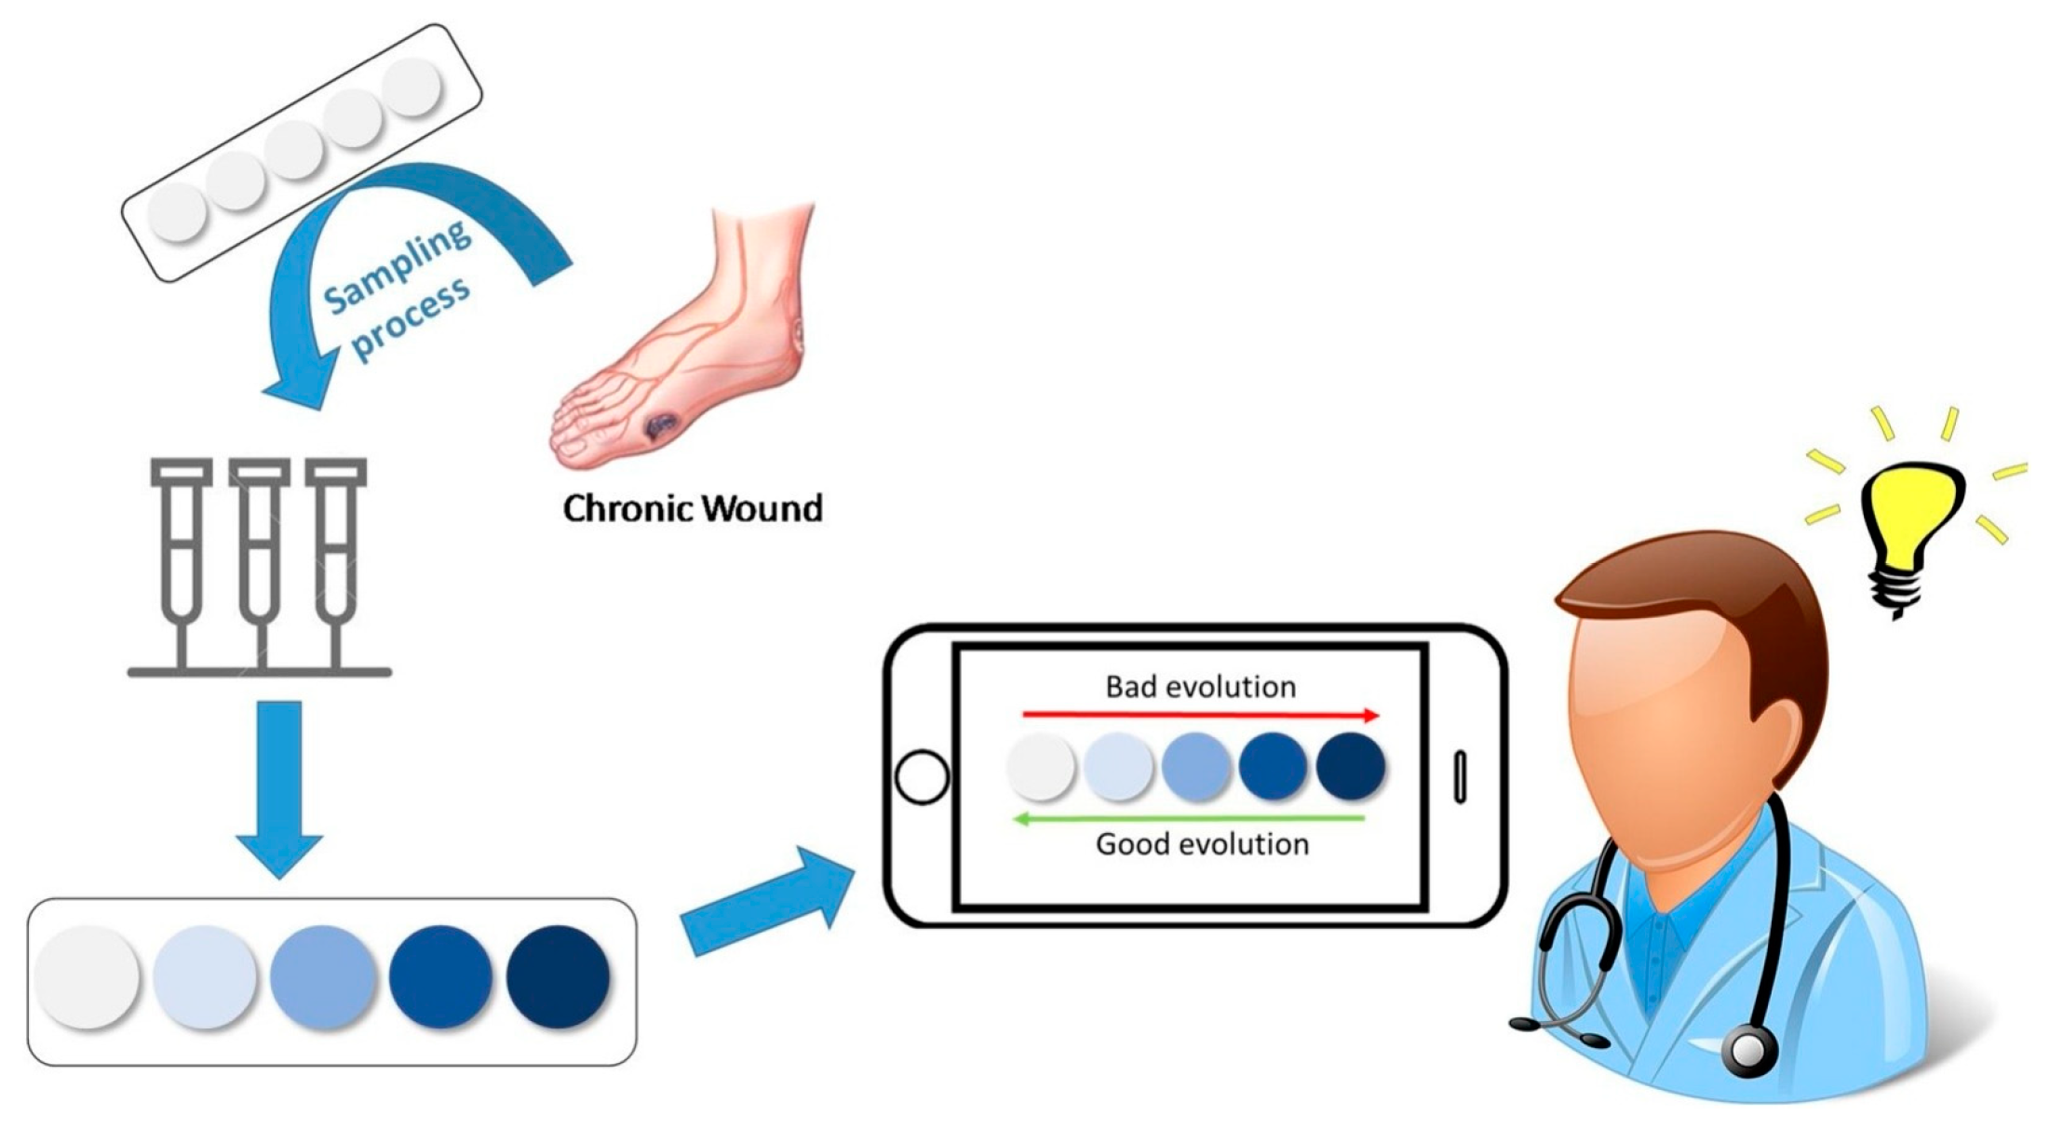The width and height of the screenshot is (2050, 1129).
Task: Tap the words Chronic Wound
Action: [x=693, y=508]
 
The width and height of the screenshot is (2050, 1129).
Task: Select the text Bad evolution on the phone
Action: [x=1200, y=687]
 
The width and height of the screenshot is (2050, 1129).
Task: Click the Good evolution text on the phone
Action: [x=1202, y=844]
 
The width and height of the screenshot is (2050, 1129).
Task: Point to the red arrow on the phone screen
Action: [x=1200, y=715]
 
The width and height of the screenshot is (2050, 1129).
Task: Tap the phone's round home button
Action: [x=921, y=776]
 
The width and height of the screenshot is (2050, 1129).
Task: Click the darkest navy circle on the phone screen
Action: [x=1350, y=766]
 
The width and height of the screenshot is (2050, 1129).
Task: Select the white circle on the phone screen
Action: [x=1041, y=766]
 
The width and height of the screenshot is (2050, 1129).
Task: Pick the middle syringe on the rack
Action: [x=260, y=558]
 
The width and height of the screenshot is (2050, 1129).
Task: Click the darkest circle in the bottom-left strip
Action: [x=558, y=975]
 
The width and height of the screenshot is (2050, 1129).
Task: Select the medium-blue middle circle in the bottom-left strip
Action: [x=322, y=975]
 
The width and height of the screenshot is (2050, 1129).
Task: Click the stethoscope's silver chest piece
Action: [x=1749, y=1050]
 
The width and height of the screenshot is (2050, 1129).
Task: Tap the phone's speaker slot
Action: [x=1460, y=776]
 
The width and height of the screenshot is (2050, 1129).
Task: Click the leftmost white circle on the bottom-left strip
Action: [x=88, y=975]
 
